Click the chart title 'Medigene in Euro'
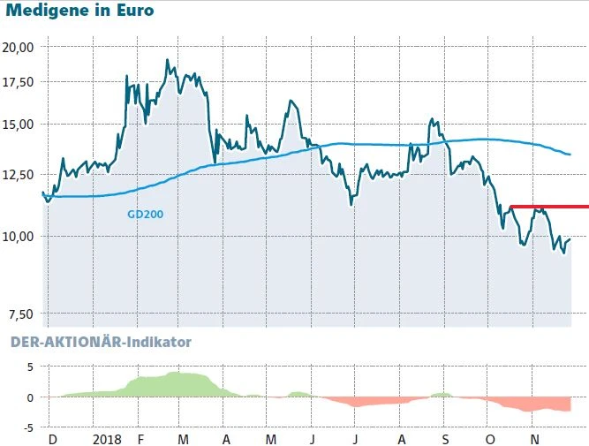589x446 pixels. pos(79,11)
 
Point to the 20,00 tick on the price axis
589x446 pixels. pos(19,47)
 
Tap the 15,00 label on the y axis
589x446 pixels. pos(19,124)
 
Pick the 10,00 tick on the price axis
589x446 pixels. pos(19,237)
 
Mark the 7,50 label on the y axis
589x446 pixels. pos(21,314)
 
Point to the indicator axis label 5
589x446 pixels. pos(29,367)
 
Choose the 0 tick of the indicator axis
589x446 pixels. pos(29,397)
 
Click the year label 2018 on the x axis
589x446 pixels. pos(106,438)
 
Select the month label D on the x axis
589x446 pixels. pos(52,438)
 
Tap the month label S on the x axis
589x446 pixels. pos(445,438)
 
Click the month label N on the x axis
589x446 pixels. pos(533,438)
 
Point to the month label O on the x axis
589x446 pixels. pos(491,438)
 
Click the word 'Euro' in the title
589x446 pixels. pos(133,11)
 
